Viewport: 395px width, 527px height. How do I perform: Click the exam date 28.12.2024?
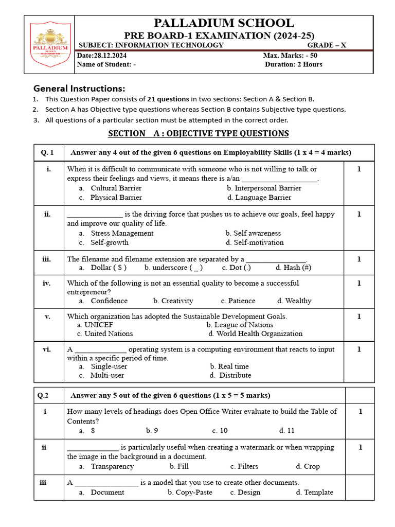click(x=101, y=55)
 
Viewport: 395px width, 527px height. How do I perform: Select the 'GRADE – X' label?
click(x=327, y=45)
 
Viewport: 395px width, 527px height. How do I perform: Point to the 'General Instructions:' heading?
click(x=79, y=88)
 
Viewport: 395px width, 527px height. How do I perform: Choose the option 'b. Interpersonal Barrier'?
click(x=264, y=188)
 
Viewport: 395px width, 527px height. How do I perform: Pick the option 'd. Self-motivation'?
click(x=255, y=242)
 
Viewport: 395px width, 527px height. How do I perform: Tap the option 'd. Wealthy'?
click(x=294, y=301)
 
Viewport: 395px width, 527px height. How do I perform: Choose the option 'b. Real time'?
click(x=229, y=366)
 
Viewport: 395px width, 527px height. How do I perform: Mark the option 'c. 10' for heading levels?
click(x=220, y=430)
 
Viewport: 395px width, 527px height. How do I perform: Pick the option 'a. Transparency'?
click(x=106, y=466)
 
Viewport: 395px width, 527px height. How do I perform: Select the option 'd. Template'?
click(x=314, y=492)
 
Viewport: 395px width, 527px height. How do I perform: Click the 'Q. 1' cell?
click(x=47, y=152)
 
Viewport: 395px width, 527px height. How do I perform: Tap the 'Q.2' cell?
click(x=44, y=395)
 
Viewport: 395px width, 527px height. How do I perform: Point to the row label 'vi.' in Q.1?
click(x=47, y=349)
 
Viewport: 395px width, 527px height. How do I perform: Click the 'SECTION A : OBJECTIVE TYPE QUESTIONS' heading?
click(x=198, y=133)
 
